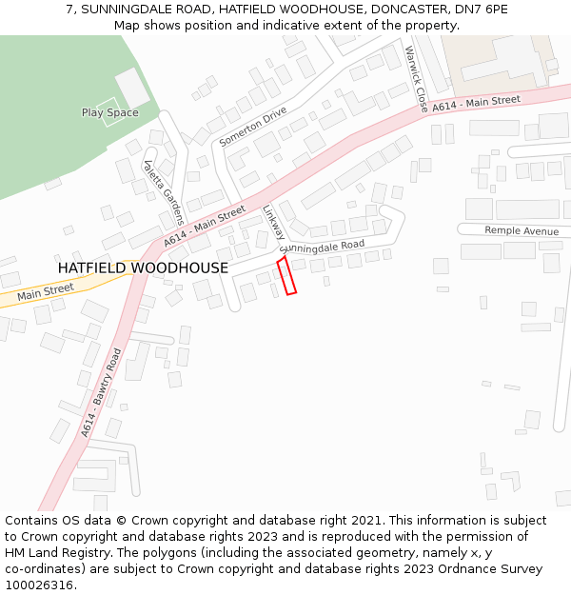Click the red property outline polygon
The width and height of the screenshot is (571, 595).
(286, 275)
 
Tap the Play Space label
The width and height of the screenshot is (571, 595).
(109, 113)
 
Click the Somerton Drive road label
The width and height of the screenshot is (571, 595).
(252, 127)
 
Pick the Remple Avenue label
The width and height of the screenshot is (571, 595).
(522, 231)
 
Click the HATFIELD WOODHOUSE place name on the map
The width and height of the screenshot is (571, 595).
(143, 268)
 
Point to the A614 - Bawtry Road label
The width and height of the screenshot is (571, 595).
(101, 392)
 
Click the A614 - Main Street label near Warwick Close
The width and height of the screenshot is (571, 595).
(476, 102)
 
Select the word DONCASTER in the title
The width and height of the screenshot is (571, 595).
(403, 10)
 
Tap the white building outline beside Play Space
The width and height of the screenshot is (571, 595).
(132, 88)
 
